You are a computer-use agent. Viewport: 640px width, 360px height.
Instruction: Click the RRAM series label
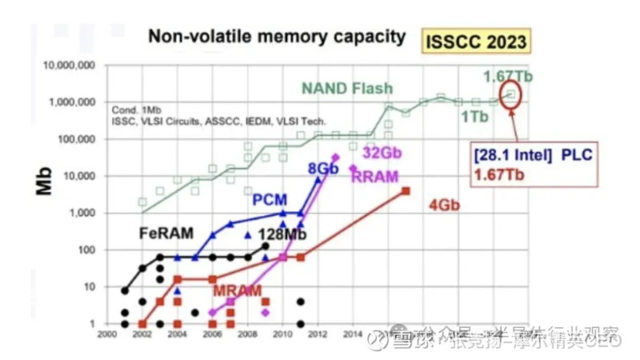pos(374,176)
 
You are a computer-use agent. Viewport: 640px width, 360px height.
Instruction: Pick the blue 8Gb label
pos(323,169)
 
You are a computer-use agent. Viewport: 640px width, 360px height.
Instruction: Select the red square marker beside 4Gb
pos(406,191)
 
